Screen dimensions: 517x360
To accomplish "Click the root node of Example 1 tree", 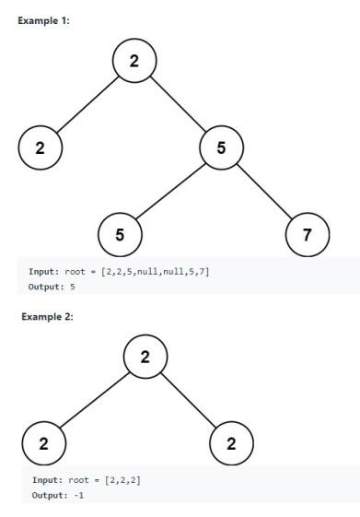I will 134,62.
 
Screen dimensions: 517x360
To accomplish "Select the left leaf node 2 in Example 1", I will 40,147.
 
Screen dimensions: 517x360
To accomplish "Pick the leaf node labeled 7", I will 308,233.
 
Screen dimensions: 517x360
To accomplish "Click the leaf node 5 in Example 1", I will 120,233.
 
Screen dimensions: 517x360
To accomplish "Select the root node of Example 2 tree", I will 145,357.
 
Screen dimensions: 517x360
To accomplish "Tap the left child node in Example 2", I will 43,443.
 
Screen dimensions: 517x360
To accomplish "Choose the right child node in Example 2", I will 231,443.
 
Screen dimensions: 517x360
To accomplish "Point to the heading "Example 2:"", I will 47,316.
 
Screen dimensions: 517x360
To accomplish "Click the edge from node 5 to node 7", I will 264,190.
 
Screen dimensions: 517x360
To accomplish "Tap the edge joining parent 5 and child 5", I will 170,190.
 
